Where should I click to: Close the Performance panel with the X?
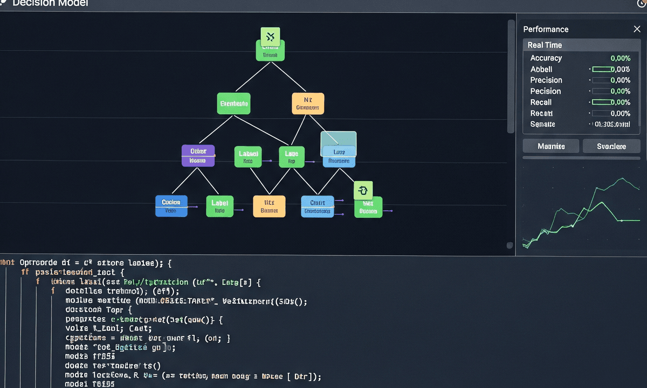(x=637, y=29)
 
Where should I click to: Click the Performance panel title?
(x=546, y=29)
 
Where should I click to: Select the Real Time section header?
(x=545, y=45)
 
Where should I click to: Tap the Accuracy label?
(x=546, y=58)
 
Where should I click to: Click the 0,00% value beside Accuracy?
(x=620, y=58)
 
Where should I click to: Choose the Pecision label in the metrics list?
(x=545, y=92)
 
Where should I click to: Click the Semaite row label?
(x=542, y=124)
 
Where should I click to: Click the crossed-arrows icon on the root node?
(x=270, y=37)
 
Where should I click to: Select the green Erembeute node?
(x=234, y=103)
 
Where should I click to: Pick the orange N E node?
(x=308, y=103)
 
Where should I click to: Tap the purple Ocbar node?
(x=198, y=155)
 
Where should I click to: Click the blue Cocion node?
(x=171, y=206)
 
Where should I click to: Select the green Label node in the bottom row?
(x=219, y=206)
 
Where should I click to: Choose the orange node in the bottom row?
(x=269, y=206)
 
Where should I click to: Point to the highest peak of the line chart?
(x=623, y=178)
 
